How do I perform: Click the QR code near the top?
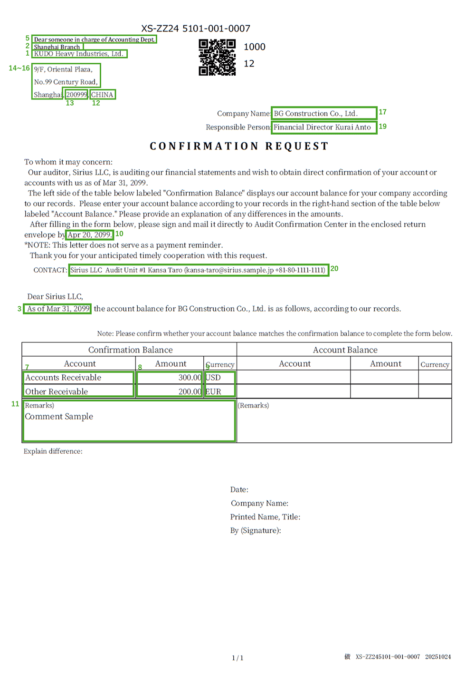coord(217,58)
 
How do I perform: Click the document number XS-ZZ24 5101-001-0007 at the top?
coord(196,29)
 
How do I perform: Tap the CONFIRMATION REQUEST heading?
coord(239,146)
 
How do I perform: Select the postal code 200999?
coord(76,95)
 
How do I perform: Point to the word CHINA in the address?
coord(102,95)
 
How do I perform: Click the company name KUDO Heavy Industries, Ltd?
coord(78,54)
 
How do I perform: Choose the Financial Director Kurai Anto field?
coord(323,127)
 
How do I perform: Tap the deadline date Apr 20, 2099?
coord(89,234)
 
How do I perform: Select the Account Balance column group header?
coord(345,350)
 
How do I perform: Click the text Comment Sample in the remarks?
coord(59,416)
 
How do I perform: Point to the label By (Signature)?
coord(256,530)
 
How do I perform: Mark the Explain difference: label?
coord(53,451)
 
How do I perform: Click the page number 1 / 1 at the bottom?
coord(237,658)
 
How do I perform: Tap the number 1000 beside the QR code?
coord(254,47)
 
